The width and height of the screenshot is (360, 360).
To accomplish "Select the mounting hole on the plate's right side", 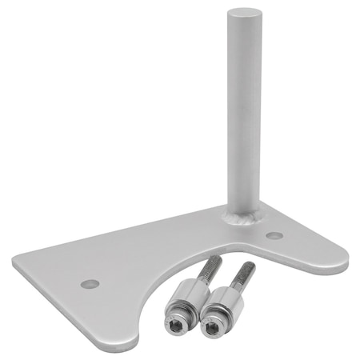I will coord(274,236).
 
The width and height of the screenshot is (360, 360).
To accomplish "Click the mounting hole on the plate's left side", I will coord(90,283).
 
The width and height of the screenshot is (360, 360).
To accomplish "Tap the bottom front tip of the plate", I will coord(124,344).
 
